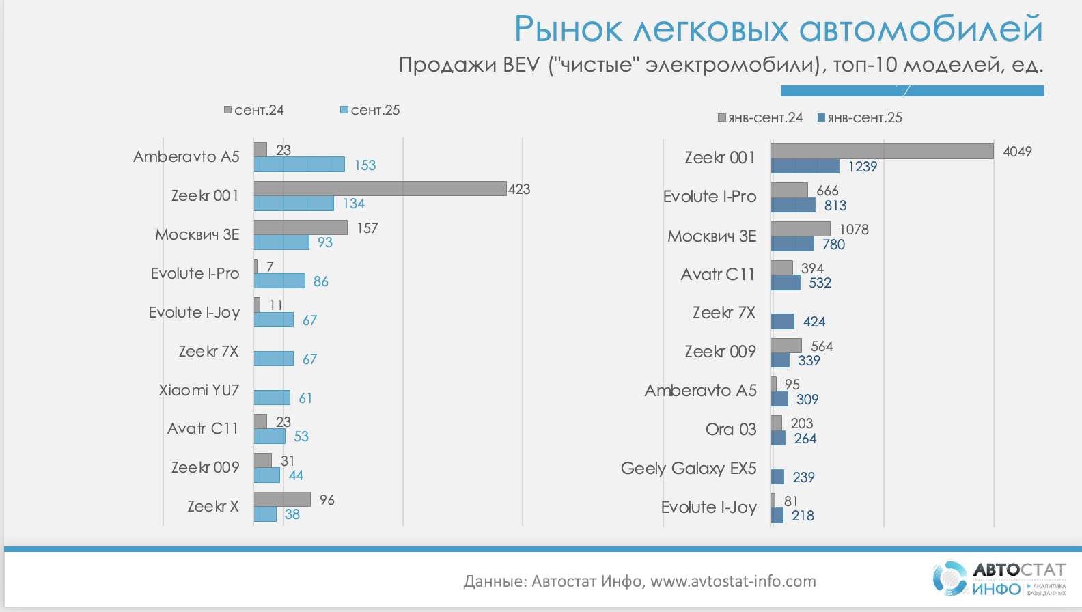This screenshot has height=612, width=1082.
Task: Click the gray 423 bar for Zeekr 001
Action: [x=380, y=189]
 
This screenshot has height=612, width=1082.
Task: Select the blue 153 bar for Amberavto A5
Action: [x=299, y=165]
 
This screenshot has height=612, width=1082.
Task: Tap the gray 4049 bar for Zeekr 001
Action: [x=882, y=151]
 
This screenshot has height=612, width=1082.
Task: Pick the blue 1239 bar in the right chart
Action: [x=805, y=166]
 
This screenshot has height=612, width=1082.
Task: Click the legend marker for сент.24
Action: [x=228, y=110]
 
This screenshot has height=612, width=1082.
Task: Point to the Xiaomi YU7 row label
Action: [x=199, y=390]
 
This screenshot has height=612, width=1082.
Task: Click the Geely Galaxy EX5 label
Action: [x=689, y=469]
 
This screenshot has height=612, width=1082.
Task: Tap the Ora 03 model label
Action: [x=731, y=430]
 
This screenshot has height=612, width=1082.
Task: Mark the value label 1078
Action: [x=854, y=229]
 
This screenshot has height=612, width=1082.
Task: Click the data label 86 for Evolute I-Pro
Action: [x=321, y=281]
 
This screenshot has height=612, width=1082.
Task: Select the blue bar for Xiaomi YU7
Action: [x=272, y=398]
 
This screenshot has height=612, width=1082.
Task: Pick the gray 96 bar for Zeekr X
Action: [x=282, y=499]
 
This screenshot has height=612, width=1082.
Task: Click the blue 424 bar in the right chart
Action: [x=783, y=322]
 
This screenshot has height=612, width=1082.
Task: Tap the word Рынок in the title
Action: [x=568, y=29]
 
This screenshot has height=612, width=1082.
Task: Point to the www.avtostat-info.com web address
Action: [x=733, y=581]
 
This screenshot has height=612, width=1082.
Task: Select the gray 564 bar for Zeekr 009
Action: [x=786, y=346]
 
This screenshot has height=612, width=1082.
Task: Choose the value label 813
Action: [x=835, y=206]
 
